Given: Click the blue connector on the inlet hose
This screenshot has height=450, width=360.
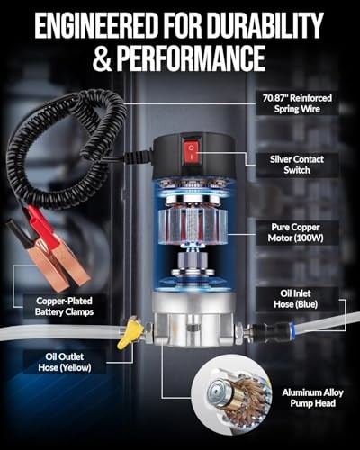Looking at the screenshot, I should [270, 318].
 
